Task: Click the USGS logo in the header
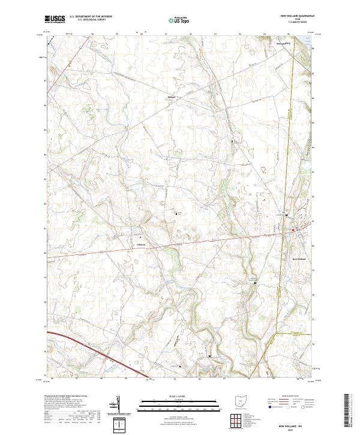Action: tap(55, 19)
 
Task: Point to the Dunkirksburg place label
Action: tap(266, 43)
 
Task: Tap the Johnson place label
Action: tap(141, 244)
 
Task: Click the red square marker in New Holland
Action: tap(293, 230)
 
